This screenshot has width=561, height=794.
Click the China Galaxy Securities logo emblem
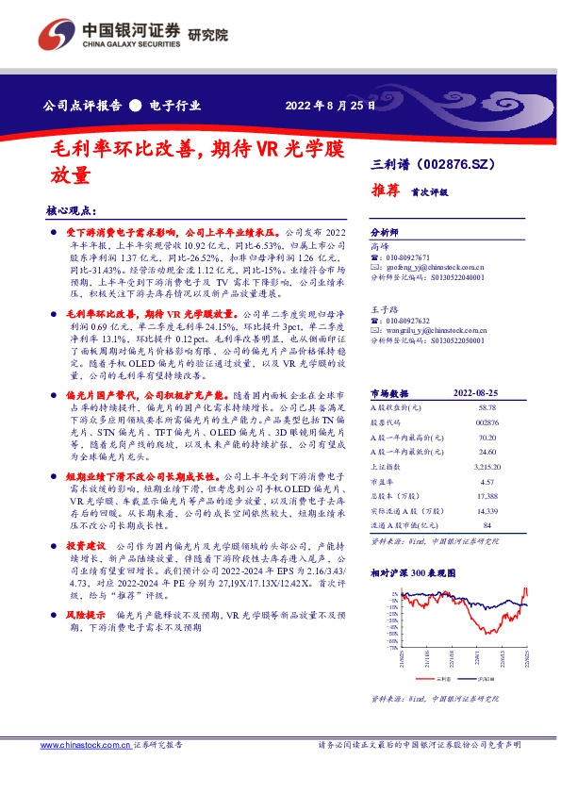[58, 36]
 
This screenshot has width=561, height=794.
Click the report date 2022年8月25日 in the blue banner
[329, 106]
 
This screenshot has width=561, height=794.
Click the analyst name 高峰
[380, 243]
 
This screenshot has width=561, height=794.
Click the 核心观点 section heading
[72, 210]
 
